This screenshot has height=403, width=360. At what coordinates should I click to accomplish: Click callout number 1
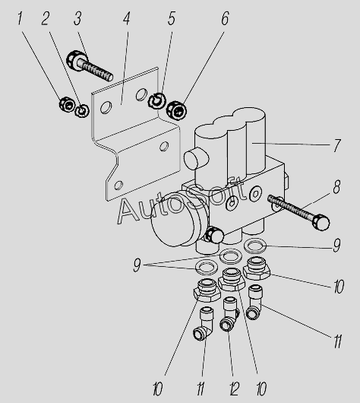[x=20, y=18]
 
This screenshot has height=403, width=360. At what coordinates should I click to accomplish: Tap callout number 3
[x=77, y=18]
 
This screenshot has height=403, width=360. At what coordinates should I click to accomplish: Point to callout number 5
[x=172, y=18]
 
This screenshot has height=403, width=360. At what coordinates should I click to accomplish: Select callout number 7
[x=337, y=145]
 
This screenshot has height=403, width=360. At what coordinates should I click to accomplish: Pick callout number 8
[x=336, y=187]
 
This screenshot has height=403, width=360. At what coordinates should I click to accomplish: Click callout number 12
[x=234, y=389]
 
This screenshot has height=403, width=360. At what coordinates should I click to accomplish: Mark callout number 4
[x=126, y=18]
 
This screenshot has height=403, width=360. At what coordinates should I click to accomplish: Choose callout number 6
[x=225, y=18]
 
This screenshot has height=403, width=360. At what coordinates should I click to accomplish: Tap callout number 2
[x=46, y=18]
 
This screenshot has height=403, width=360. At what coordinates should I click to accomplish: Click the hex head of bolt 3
[x=76, y=61]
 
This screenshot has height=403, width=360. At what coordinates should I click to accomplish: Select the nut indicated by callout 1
[x=67, y=104]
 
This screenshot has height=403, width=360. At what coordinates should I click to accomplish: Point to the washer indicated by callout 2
[x=82, y=111]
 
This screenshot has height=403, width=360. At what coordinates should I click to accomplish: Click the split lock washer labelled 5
[x=156, y=100]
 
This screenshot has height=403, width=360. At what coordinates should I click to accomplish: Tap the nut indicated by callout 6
[x=176, y=110]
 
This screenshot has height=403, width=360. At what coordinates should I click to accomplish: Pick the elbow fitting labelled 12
[x=229, y=314]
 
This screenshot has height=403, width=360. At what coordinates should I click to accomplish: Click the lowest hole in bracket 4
[x=118, y=185]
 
